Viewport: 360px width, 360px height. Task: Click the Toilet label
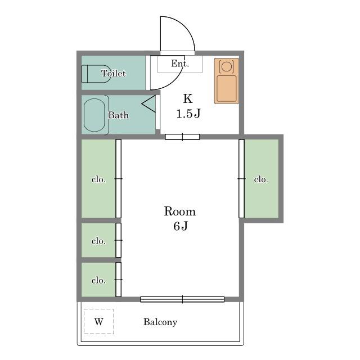pyautogui.click(x=114, y=73)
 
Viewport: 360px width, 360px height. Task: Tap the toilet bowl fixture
pyautogui.click(x=96, y=74)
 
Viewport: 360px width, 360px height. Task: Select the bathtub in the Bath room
pyautogui.click(x=94, y=115)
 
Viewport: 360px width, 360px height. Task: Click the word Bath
pyautogui.click(x=119, y=115)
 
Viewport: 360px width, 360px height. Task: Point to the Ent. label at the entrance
pyautogui.click(x=180, y=64)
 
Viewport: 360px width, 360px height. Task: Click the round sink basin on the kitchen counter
pyautogui.click(x=227, y=66)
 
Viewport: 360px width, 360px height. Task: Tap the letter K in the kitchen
pyautogui.click(x=188, y=99)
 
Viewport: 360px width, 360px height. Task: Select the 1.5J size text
pyautogui.click(x=188, y=114)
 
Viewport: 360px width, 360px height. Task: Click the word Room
pyautogui.click(x=180, y=211)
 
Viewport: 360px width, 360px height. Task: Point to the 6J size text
pyautogui.click(x=181, y=226)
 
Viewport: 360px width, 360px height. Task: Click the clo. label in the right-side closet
pyautogui.click(x=261, y=179)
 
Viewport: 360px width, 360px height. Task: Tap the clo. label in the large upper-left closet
pyautogui.click(x=99, y=179)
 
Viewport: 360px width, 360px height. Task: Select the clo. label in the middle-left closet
pyautogui.click(x=99, y=241)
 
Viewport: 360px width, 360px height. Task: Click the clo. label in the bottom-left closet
pyautogui.click(x=99, y=280)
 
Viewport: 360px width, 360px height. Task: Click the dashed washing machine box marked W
pyautogui.click(x=99, y=321)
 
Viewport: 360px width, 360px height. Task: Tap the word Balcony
pyautogui.click(x=160, y=322)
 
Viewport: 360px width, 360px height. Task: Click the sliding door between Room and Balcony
pyautogui.click(x=182, y=299)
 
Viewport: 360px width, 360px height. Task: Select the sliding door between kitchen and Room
pyautogui.click(x=182, y=137)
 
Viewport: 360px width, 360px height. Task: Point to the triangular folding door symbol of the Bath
pyautogui.click(x=148, y=103)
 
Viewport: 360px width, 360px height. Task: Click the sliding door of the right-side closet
pyautogui.click(x=241, y=179)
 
